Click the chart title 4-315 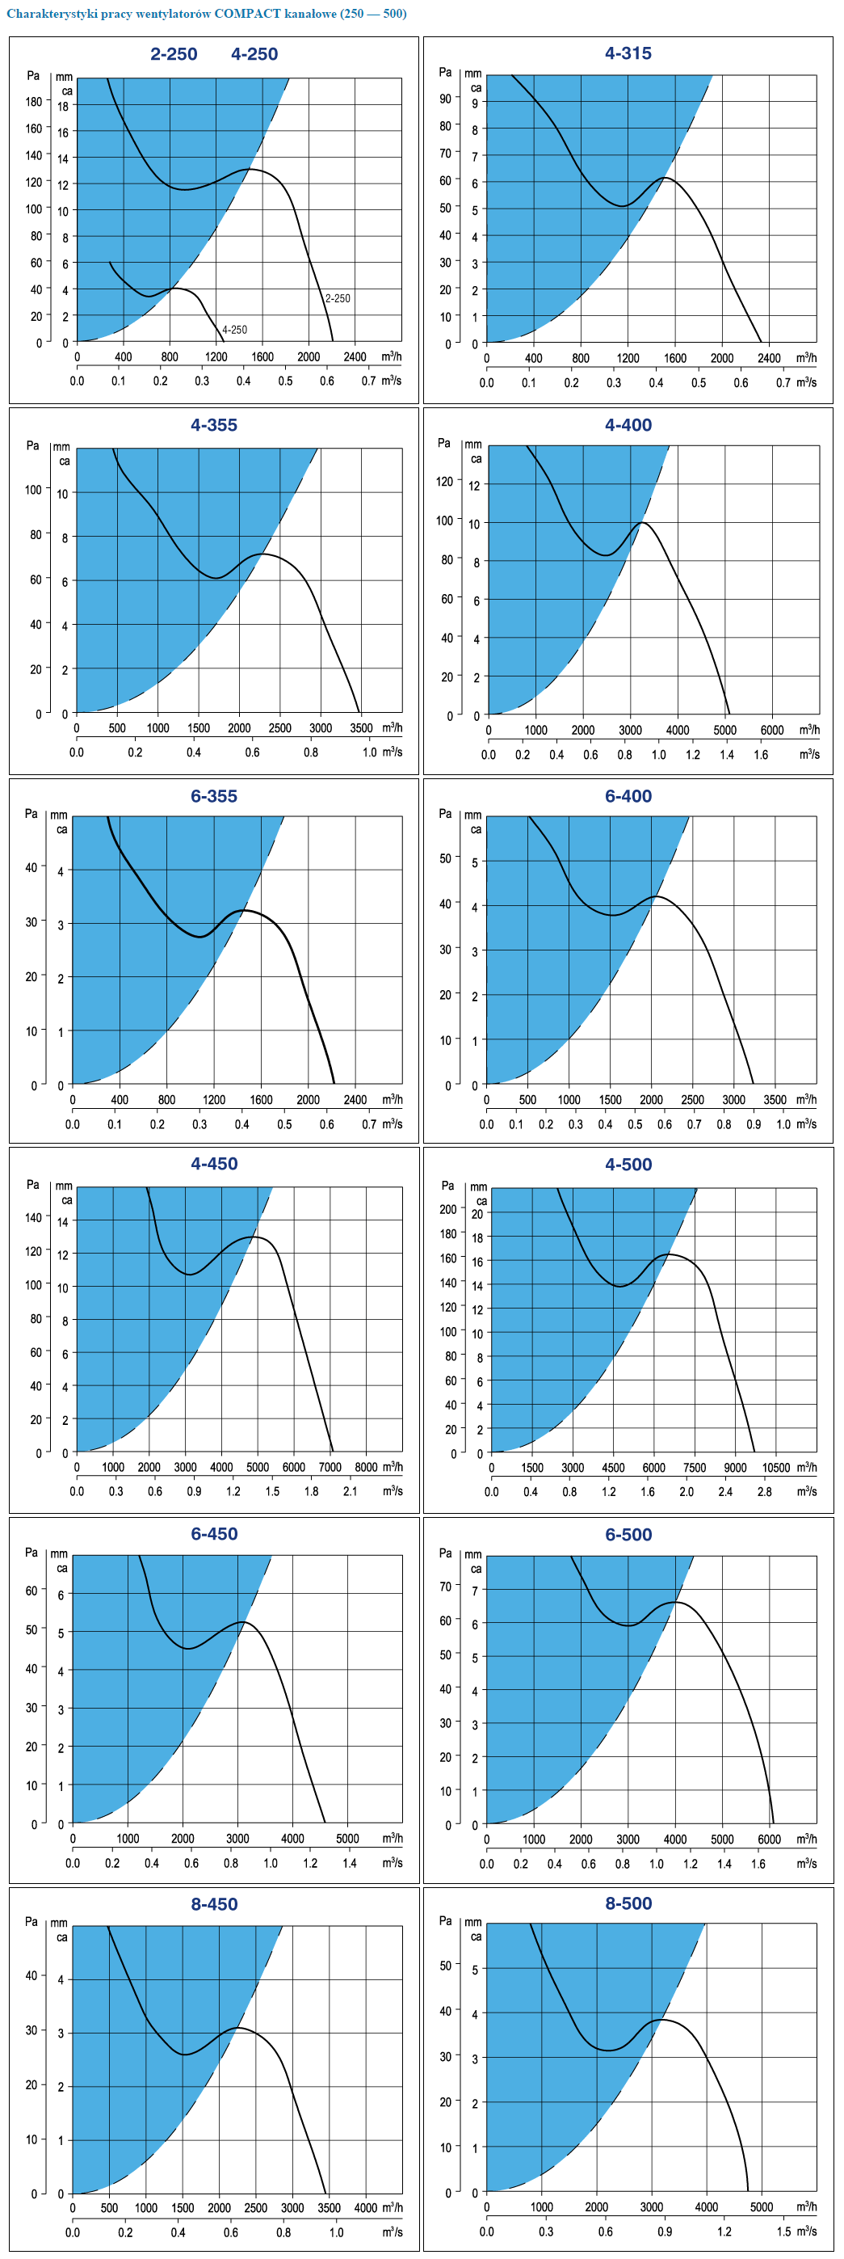[628, 53]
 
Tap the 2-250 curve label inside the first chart [338, 298]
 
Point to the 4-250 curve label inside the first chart [234, 330]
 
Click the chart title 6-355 [214, 796]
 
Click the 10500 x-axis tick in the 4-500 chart [775, 1467]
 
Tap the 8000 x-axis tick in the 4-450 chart [366, 1466]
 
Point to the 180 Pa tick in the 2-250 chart [33, 102]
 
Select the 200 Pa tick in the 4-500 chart [448, 1209]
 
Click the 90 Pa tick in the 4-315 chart [445, 99]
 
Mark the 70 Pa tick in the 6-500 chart [445, 1587]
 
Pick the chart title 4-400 [628, 425]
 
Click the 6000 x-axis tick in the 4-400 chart [771, 730]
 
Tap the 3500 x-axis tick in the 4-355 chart [361, 728]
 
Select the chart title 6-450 [214, 1534]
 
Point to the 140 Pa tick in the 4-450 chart [33, 1217]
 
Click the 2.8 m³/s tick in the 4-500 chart [764, 1492]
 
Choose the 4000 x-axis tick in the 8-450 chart [366, 2208]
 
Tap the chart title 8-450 [214, 1904]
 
